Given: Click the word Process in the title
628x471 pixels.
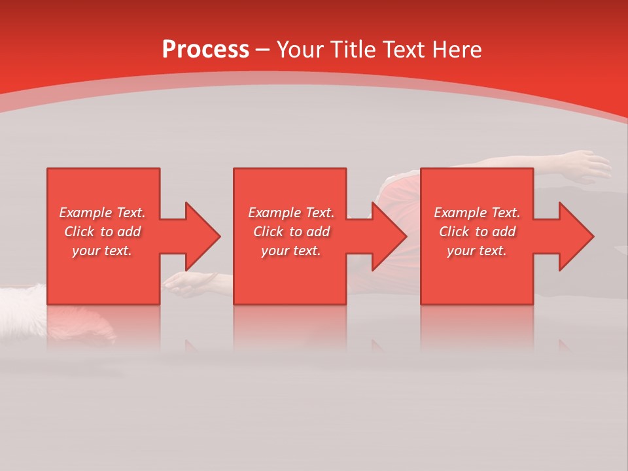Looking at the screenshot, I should (205, 49).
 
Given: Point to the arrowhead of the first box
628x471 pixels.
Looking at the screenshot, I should (202, 236).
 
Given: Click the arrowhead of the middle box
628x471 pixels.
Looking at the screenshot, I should (389, 236).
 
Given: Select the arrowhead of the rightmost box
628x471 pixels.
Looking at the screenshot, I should (576, 236).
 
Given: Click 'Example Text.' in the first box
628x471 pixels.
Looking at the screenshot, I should (102, 213).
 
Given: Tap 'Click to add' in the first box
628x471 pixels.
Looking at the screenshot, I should (102, 232).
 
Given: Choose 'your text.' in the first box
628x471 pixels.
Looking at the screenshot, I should (102, 251).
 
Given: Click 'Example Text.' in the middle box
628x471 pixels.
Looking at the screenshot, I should (291, 213).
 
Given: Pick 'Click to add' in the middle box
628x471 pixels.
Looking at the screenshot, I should (291, 232).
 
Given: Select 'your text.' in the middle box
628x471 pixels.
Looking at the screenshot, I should (291, 251).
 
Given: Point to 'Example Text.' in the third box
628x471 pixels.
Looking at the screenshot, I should (477, 213).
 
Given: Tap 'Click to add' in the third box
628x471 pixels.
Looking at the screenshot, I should (477, 232).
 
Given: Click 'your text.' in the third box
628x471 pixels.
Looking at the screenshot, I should (477, 251).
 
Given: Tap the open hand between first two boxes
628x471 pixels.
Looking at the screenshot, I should (190, 283).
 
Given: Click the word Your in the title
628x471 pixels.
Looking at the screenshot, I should (300, 49).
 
